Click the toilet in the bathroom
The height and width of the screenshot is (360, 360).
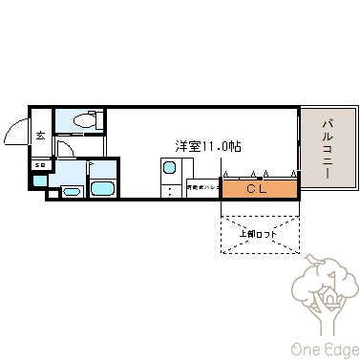coord(83,121)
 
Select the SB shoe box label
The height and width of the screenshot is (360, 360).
coord(39,166)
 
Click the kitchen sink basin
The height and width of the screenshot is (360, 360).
coord(168,169)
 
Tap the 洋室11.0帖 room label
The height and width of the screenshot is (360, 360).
coord(207,147)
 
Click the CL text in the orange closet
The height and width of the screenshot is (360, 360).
coord(257,188)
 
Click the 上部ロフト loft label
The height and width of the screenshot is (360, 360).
coord(261,234)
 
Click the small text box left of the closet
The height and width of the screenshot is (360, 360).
coord(203,188)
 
